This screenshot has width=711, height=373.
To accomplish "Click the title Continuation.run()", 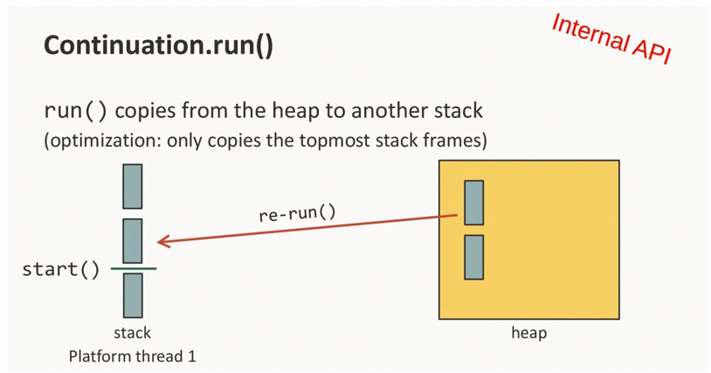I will [x=159, y=45].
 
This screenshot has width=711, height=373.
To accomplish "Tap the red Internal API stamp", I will [x=611, y=38].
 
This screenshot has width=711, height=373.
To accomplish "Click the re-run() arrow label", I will [x=297, y=213].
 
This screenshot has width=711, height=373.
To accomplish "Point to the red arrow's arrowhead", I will [x=162, y=242].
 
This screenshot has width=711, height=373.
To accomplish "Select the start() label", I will [x=61, y=269].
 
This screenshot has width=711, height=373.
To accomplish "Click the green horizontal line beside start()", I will [x=133, y=269].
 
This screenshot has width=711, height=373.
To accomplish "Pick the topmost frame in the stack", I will [x=133, y=186].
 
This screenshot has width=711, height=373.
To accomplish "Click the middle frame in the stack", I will [x=133, y=240].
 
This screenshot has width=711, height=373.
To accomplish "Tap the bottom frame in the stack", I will [x=133, y=295].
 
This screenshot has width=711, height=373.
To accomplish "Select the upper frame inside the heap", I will [x=473, y=202].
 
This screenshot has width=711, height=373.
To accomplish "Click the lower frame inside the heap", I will [x=473, y=257].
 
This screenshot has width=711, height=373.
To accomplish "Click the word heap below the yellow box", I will [x=528, y=333].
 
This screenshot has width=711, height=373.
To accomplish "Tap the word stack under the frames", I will [x=133, y=333].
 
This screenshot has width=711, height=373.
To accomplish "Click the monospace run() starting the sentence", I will [x=76, y=112].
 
